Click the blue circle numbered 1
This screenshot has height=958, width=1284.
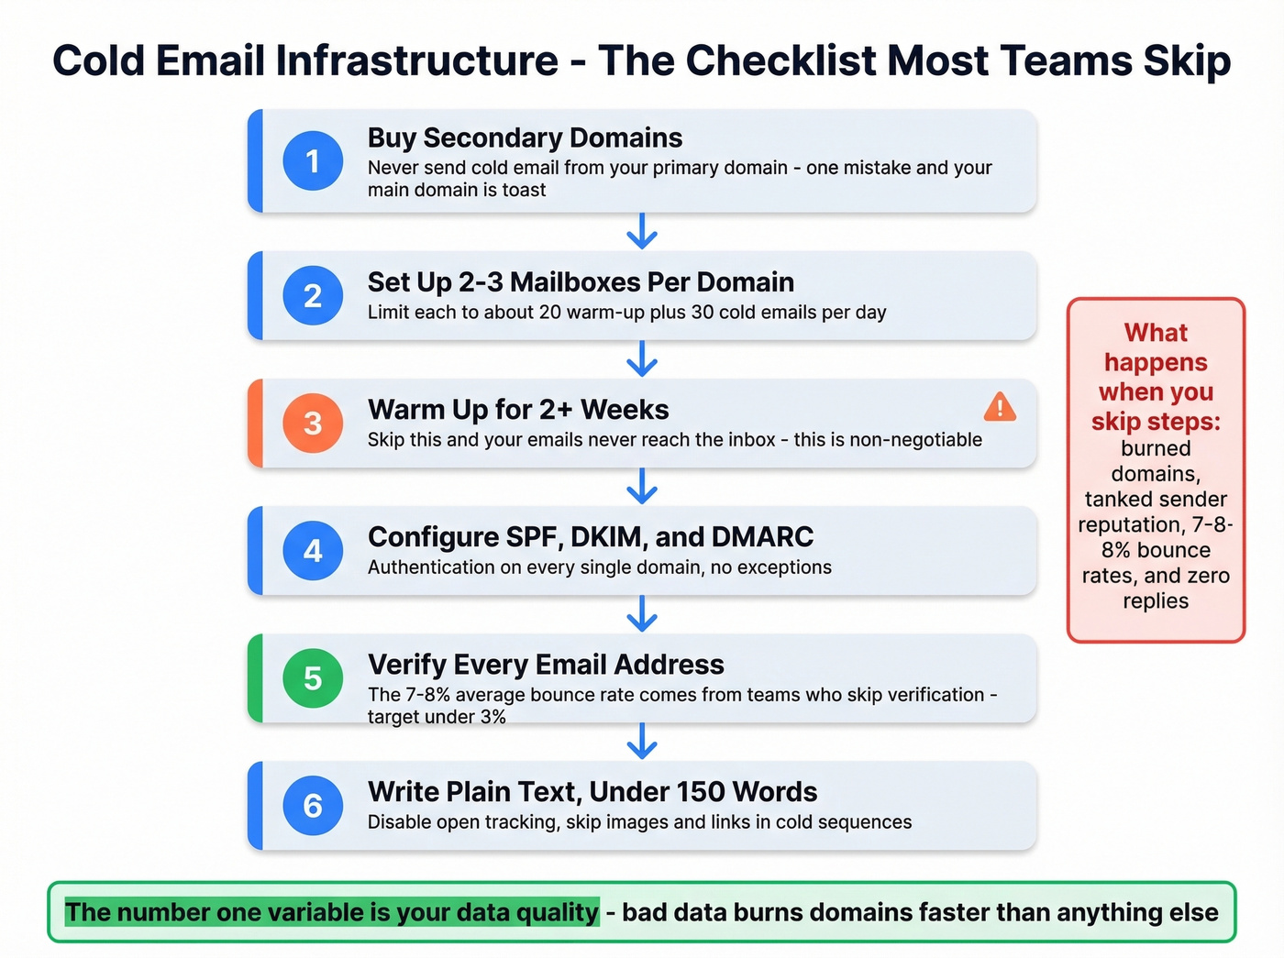313,161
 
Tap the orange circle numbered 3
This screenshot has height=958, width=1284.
313,424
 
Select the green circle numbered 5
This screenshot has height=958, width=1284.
313,678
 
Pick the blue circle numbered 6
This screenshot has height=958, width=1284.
313,806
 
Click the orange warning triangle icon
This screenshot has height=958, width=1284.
1000,407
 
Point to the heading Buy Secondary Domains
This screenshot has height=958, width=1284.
525,138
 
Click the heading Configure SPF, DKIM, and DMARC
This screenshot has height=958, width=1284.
590,537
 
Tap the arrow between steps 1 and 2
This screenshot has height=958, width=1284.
642,232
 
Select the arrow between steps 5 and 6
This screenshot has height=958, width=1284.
642,742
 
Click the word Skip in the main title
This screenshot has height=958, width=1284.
1187,61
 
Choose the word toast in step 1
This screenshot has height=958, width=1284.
524,190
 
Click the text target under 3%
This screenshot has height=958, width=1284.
437,717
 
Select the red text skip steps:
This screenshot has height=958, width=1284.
1156,422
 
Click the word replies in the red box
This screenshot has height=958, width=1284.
1156,601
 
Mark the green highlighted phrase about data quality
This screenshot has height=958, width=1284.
331,912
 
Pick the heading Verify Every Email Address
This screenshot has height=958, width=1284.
546,665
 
